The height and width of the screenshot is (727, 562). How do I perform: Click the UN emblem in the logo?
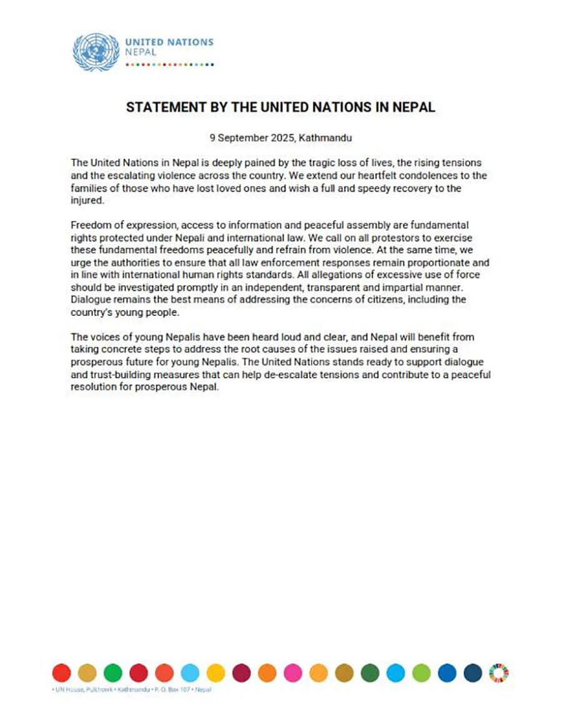pos(96,52)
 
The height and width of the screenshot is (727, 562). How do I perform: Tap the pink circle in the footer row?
pos(292,672)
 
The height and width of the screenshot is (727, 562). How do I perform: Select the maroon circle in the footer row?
pos(241,672)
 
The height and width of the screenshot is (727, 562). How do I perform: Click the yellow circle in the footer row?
pos(215,672)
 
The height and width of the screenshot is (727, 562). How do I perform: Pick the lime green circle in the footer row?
pos(421,672)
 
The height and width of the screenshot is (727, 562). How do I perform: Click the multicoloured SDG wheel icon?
pos(499,672)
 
